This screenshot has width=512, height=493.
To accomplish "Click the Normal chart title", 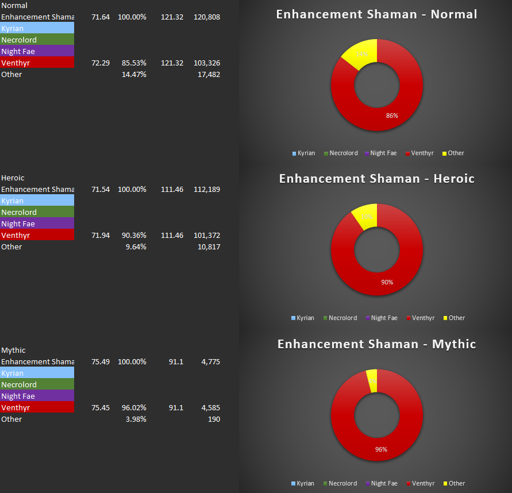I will coord(376,14).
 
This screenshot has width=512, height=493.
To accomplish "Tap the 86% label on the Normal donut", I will coord(392,115).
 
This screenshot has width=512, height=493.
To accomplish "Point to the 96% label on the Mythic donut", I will coord(381,449).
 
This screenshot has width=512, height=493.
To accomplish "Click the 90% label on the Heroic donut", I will coord(387,282).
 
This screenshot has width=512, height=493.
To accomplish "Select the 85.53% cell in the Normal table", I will coord(132,63).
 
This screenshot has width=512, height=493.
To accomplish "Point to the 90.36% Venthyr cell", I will coord(132,236).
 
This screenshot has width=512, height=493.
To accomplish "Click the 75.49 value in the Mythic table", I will coord(101,362).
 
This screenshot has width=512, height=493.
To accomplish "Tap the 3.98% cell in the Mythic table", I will coord(136,419).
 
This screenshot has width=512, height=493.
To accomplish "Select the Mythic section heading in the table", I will coord(13,351).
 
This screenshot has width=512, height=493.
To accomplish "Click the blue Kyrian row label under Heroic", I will coord(37,201).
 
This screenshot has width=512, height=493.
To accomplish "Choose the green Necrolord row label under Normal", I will coord(37,40).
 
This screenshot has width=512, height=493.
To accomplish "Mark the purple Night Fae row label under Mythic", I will coord(37,396).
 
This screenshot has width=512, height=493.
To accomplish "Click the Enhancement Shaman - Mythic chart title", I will coord(376,344).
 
